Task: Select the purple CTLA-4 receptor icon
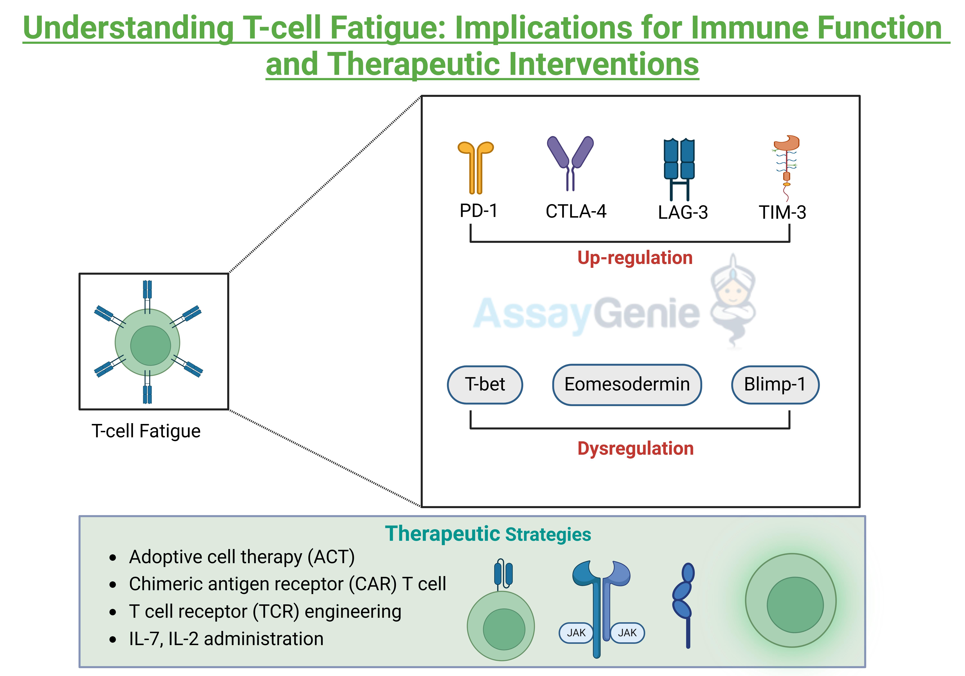tap(570, 162)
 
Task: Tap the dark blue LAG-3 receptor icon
tap(679, 168)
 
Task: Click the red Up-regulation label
tap(635, 258)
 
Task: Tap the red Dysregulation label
tap(635, 448)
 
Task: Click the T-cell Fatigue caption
tap(146, 431)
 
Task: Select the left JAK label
tap(576, 633)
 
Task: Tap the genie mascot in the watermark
tap(733, 301)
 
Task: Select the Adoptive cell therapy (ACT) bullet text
tap(242, 557)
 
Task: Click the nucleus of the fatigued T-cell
tap(151, 345)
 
